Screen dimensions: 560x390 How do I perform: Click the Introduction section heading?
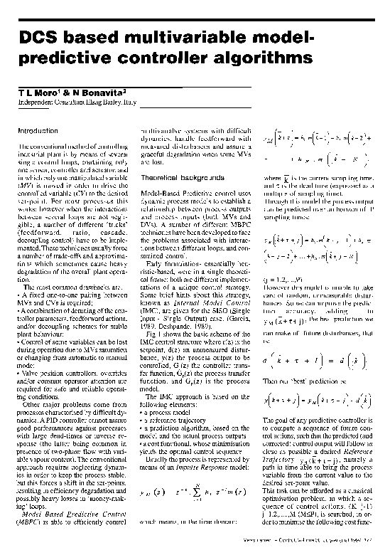coord(37,131)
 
